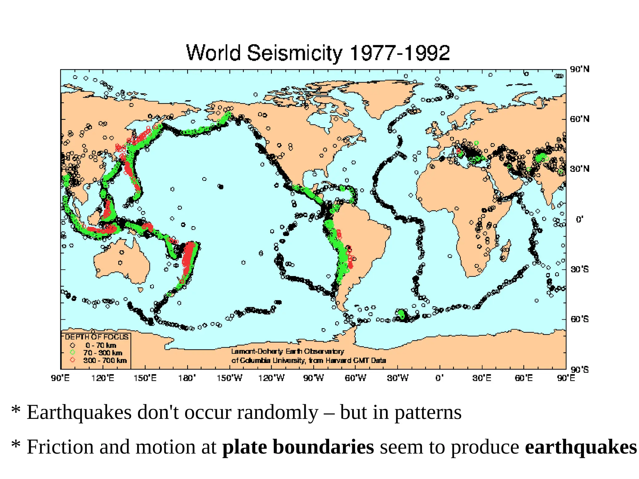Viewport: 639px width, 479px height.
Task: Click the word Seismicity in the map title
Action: click(295, 53)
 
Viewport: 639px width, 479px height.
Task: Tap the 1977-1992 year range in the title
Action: click(400, 53)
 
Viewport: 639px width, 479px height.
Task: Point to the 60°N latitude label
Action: click(580, 119)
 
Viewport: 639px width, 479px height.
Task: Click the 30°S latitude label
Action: click(580, 269)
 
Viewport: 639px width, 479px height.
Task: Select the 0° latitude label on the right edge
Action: click(579, 220)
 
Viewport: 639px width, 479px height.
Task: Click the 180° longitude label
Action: click(187, 378)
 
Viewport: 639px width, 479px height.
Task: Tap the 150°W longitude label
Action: click(229, 378)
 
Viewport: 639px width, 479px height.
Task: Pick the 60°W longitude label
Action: click(355, 378)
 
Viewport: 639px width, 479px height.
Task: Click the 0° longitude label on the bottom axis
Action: click(439, 378)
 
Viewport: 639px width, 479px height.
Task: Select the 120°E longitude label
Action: click(103, 378)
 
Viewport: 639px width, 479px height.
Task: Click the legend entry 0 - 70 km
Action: click(100, 346)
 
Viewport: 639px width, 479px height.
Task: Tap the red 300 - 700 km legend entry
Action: click(105, 360)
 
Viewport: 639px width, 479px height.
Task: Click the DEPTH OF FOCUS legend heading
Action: click(96, 337)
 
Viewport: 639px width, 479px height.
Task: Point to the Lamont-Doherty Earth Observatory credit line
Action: click(287, 351)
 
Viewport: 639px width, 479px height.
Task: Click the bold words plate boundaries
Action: click(298, 447)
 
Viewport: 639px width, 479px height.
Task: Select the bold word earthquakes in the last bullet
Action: click(581, 447)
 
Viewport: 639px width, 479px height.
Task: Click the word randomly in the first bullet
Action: click(277, 412)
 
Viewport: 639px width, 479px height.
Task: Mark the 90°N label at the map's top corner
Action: click(580, 69)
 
